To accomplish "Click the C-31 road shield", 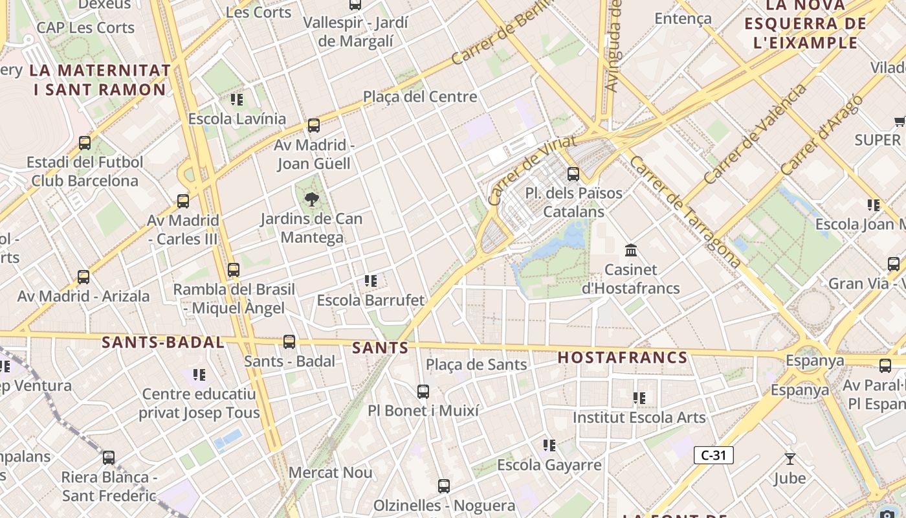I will [x=713, y=455].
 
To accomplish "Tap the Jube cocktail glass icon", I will [x=790, y=459].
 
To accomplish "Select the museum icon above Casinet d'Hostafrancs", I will [x=630, y=250].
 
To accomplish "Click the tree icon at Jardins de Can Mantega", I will [x=311, y=199].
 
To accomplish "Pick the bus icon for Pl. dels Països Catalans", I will [x=573, y=174].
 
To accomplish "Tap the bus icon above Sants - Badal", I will [x=289, y=341].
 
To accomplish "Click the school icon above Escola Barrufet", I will [x=371, y=281].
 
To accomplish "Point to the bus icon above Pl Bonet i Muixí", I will [x=423, y=391].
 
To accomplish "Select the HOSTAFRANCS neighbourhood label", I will [x=622, y=357].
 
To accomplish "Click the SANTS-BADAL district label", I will [x=163, y=343].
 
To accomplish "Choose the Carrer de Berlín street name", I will [x=502, y=32].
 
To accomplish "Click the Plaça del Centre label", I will [x=420, y=97].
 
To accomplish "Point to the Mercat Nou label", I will [x=330, y=473].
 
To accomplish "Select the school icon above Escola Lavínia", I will [x=237, y=100].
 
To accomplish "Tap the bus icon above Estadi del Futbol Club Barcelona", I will [x=85, y=143].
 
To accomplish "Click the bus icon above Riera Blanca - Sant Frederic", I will [x=109, y=458].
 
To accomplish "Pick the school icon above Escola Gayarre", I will [x=549, y=445].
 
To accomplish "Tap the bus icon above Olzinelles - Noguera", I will [x=444, y=486].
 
